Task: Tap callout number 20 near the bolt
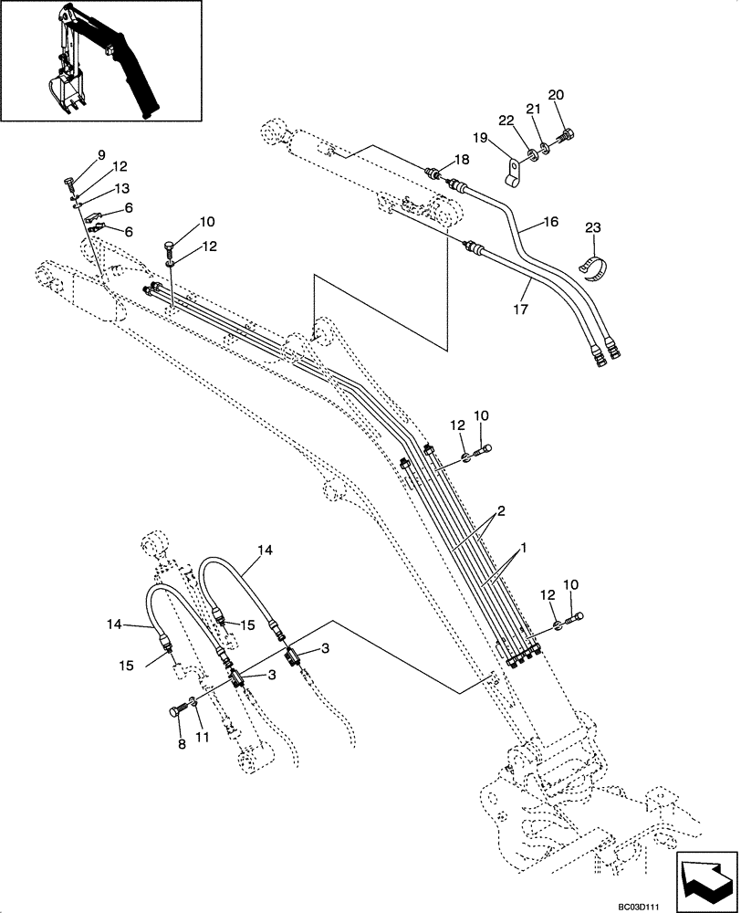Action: pyautogui.click(x=556, y=96)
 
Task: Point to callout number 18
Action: pyautogui.click(x=462, y=159)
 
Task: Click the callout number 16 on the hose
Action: pyautogui.click(x=550, y=221)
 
